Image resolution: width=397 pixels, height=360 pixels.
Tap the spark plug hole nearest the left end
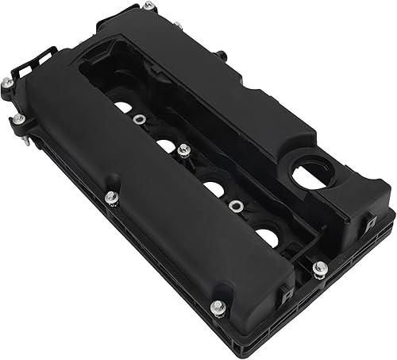pyautogui.click(x=122, y=106)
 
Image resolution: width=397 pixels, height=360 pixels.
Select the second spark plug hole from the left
pyautogui.click(x=164, y=145)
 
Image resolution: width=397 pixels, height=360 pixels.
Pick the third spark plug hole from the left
pyautogui.click(x=213, y=189)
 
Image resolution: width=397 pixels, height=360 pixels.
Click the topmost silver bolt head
pyautogui.click(x=147, y=6)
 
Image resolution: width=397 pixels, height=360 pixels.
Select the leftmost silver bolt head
pyautogui.click(x=6, y=82)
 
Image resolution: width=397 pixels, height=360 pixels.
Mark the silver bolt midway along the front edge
pyautogui.click(x=110, y=197)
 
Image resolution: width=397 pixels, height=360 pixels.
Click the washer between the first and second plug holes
pyautogui.click(x=140, y=120)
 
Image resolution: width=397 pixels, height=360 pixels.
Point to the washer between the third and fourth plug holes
pyautogui.click(x=235, y=205)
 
